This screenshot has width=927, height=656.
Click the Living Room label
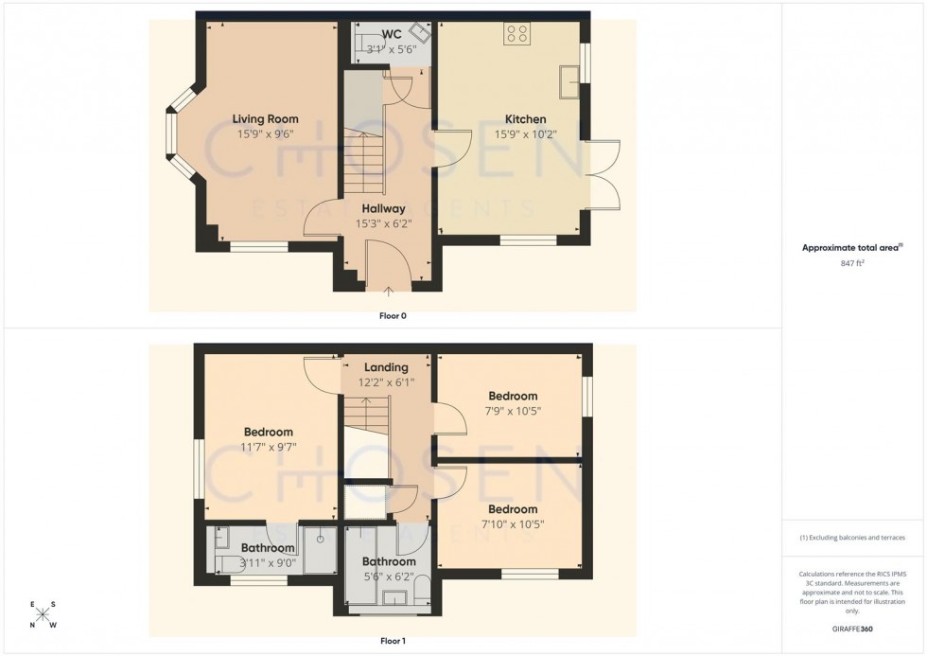[x=265, y=119]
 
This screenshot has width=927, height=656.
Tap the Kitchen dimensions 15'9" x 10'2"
[x=525, y=134]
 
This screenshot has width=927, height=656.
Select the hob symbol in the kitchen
[x=517, y=35]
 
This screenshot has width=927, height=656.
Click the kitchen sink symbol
[x=571, y=80]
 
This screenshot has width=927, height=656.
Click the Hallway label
[x=383, y=209]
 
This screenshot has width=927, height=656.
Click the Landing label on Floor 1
[x=386, y=367]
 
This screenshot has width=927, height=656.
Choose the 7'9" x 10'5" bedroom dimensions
[x=513, y=411]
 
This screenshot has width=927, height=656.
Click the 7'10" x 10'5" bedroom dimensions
[x=513, y=524]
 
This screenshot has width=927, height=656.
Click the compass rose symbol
[x=43, y=614]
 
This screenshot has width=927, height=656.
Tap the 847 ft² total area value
[x=852, y=264]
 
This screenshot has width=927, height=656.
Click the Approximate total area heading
[x=850, y=248]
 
